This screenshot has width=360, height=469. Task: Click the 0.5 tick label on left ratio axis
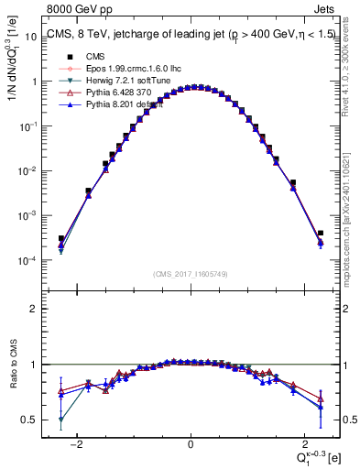[30, 420]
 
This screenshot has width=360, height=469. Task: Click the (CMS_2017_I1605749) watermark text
[190, 274]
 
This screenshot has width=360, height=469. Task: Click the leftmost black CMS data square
[60, 239]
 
